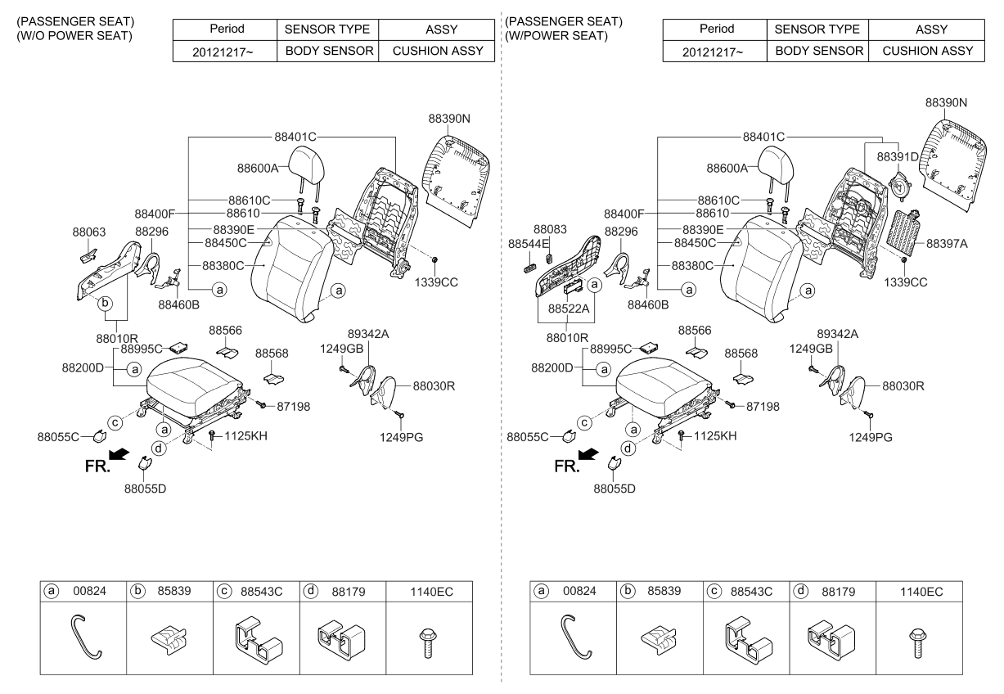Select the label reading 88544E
529,244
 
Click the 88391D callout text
898,155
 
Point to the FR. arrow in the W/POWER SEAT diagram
587,454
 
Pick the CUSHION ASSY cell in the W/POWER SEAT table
927,51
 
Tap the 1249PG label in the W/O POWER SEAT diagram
401,437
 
